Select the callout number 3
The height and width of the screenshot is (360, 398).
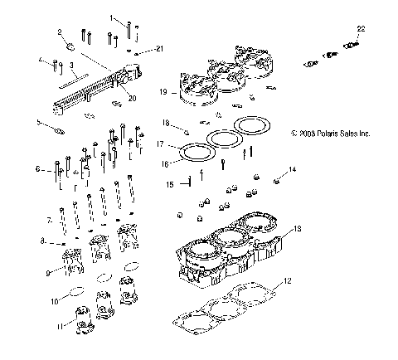[73, 65]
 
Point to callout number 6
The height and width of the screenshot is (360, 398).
[37, 169]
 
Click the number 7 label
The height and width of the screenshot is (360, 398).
[49, 221]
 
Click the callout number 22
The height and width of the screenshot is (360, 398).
[360, 29]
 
